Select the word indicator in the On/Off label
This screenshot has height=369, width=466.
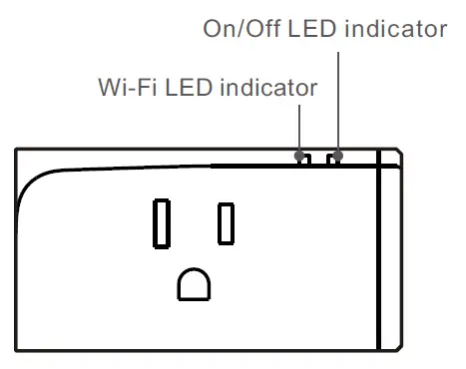point(394,28)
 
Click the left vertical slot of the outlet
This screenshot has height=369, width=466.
point(160,222)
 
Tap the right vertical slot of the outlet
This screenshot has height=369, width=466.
point(227,223)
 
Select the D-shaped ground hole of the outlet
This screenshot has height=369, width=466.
point(194,284)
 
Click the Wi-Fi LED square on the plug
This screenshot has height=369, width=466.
point(302,158)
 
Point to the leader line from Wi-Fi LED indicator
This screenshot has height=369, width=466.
point(299,128)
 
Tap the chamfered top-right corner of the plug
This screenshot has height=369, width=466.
point(399,153)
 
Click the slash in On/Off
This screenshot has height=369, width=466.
point(247,28)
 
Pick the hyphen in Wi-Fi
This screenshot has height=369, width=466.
point(131,89)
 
